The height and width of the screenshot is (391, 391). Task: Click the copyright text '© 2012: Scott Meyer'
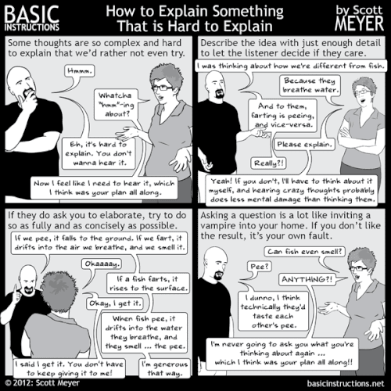pyautogui.click(x=48, y=383)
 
